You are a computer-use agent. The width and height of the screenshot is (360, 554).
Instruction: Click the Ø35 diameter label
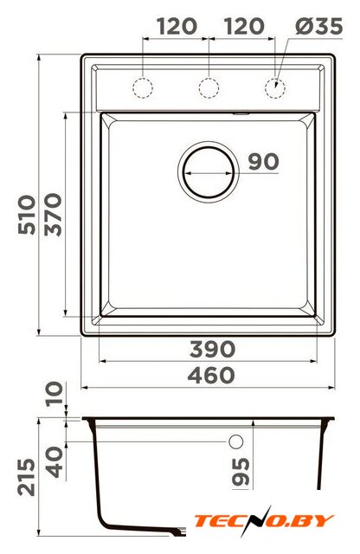click(x=318, y=26)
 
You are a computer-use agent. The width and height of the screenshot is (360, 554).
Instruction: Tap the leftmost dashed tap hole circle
click(x=143, y=87)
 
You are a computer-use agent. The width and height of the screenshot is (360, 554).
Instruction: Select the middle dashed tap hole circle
click(x=209, y=87)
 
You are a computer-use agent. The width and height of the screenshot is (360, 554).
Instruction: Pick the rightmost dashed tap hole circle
click(x=275, y=87)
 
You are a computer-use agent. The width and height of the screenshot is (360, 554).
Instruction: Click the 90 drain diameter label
click(x=264, y=162)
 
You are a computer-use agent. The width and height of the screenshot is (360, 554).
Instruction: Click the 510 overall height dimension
click(x=27, y=215)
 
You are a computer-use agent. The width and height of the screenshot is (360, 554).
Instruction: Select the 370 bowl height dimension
click(x=54, y=215)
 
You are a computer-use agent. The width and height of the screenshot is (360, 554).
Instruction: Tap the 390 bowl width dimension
click(x=212, y=349)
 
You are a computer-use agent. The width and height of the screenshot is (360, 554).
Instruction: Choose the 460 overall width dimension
click(x=211, y=375)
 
